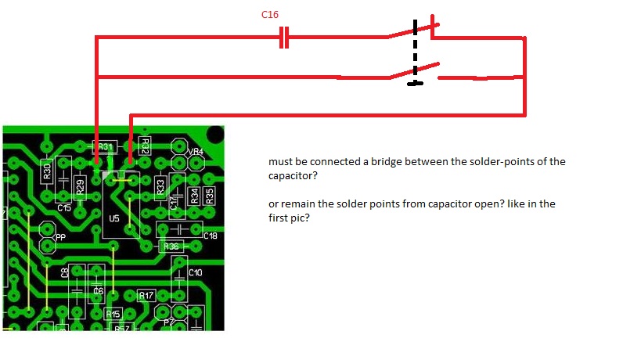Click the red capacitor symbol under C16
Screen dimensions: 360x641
click(x=284, y=38)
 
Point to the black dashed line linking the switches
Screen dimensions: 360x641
click(x=416, y=55)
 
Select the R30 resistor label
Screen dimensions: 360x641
click(x=47, y=170)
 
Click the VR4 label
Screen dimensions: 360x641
click(x=195, y=151)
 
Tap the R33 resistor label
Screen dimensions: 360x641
click(x=161, y=186)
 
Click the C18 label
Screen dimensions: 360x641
click(x=211, y=236)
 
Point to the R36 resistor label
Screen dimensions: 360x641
click(x=171, y=247)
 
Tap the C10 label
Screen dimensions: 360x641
click(x=195, y=272)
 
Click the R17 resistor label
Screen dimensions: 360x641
click(x=146, y=296)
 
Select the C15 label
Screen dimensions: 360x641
click(x=64, y=208)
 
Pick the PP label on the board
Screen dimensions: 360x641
click(x=60, y=236)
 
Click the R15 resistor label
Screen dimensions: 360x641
click(x=113, y=314)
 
